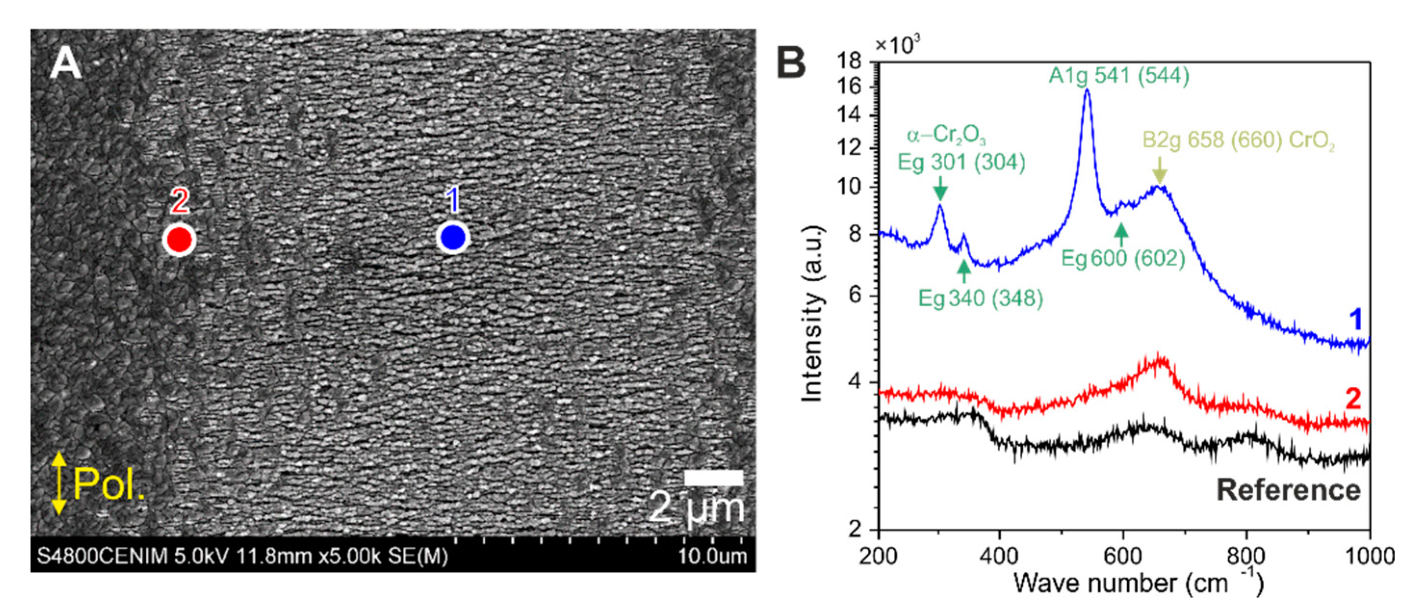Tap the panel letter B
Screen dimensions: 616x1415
[x=791, y=64]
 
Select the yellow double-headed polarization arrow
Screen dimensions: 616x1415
[x=59, y=484]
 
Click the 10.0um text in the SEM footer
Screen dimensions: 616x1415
[x=712, y=556]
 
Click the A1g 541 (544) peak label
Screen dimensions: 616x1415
[x=1119, y=75]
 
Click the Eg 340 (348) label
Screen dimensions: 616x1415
[x=980, y=299]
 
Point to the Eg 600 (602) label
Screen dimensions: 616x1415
[x=1123, y=258]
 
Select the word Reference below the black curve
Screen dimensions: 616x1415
[x=1288, y=490]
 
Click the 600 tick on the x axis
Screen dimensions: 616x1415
[x=1122, y=556]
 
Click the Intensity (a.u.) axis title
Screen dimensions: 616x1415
[x=811, y=313]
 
